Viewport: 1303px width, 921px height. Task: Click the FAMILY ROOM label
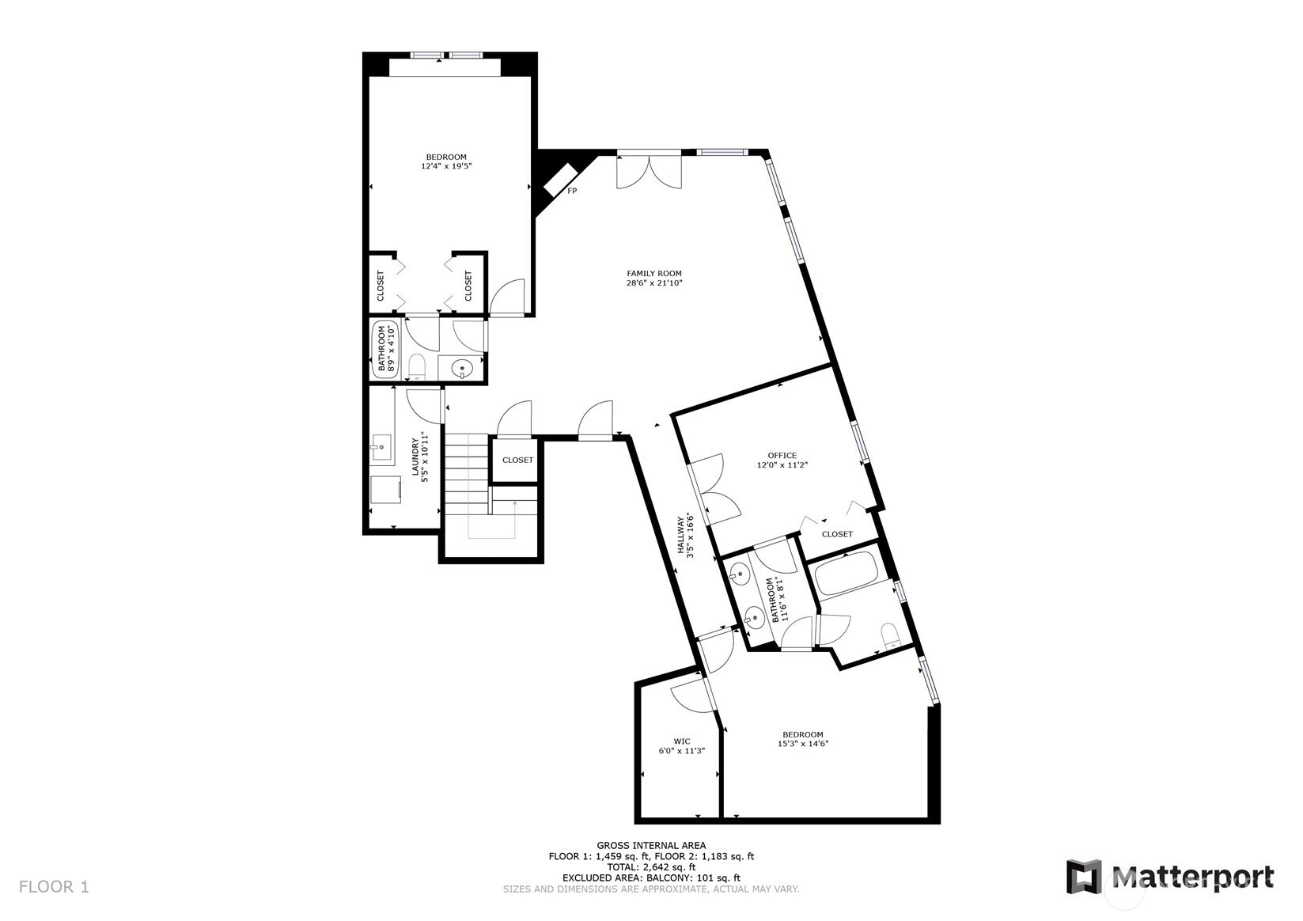tap(653, 274)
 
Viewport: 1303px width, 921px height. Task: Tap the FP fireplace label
tap(572, 191)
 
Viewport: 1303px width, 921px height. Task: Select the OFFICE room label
tap(782, 456)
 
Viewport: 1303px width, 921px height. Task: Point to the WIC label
tap(682, 741)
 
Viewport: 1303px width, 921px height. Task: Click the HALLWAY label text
tap(680, 535)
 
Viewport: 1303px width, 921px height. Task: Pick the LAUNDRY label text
tap(415, 457)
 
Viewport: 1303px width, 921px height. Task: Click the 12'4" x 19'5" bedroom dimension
tap(446, 166)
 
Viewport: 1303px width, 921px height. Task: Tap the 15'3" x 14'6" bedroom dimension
tap(803, 744)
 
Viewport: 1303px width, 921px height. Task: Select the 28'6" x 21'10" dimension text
tap(653, 283)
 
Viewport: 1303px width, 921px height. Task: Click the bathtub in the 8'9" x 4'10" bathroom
tap(385, 349)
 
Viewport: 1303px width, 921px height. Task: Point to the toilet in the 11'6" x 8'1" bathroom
tap(891, 636)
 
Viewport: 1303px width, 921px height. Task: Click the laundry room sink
tap(381, 447)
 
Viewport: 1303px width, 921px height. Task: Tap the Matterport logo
tap(1170, 876)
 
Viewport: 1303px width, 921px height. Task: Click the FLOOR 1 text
tap(54, 887)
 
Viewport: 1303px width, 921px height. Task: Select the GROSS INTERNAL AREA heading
tap(651, 845)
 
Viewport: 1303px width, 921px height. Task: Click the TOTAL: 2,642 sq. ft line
tap(651, 867)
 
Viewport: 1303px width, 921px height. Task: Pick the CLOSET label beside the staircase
tap(517, 460)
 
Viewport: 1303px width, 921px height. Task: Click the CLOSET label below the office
tap(837, 533)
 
